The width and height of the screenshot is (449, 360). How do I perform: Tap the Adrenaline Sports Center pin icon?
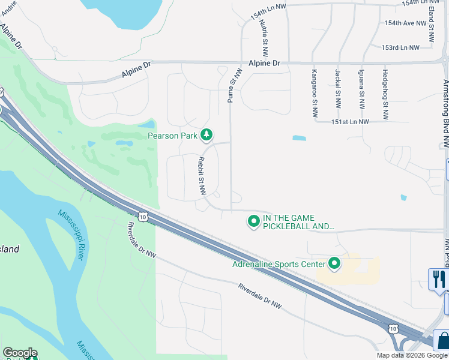(334, 263)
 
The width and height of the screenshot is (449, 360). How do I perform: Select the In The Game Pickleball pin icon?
(254, 222)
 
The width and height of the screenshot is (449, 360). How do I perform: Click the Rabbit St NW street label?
(202, 176)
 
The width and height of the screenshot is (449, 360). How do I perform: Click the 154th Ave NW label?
(406, 23)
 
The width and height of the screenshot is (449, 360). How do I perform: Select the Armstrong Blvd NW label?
(445, 113)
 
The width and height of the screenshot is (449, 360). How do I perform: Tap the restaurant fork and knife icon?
(439, 279)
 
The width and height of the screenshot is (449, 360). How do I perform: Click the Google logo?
(20, 353)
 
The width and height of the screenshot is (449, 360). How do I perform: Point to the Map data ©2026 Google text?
(411, 355)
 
